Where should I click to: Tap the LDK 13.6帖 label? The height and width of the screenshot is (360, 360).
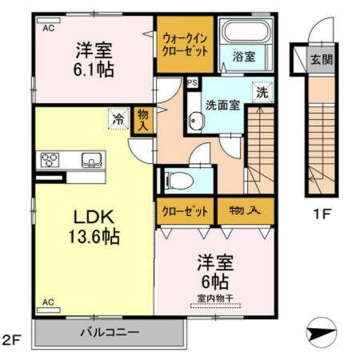pyautogui.click(x=93, y=226)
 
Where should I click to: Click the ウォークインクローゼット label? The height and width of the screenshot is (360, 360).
pyautogui.click(x=186, y=44)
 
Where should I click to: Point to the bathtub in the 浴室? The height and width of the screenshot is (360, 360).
pyautogui.click(x=246, y=35)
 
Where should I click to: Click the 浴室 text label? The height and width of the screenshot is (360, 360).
pyautogui.click(x=243, y=58)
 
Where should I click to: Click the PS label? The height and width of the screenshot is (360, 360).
pyautogui.click(x=192, y=82)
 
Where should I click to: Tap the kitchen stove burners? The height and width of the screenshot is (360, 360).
pyautogui.click(x=53, y=158)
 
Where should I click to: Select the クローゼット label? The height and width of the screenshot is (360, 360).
pyautogui.click(x=186, y=211)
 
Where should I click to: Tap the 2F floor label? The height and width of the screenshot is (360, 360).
pyautogui.click(x=10, y=340)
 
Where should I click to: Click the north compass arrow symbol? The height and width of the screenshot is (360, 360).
pyautogui.click(x=322, y=330)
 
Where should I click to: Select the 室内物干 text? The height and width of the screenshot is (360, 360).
pyautogui.click(x=214, y=298)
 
